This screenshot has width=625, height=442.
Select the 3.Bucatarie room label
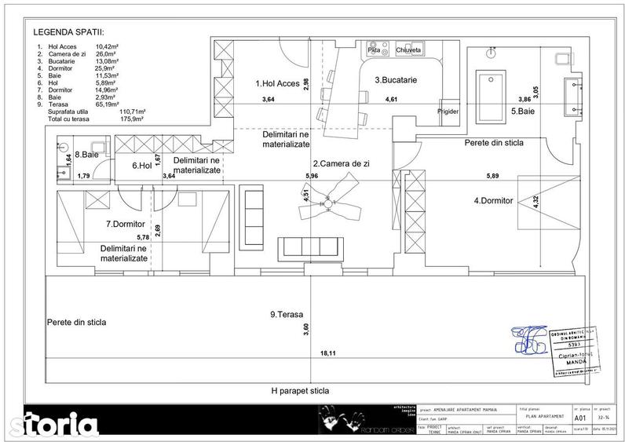tap(395, 80)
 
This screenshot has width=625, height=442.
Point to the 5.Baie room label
tap(524, 111)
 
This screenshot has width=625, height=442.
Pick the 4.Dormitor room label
tap(493, 200)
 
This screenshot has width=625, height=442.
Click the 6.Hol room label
tap(141, 166)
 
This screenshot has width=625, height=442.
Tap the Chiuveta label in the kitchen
tap(409, 50)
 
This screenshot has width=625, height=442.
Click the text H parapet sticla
tap(300, 390)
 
